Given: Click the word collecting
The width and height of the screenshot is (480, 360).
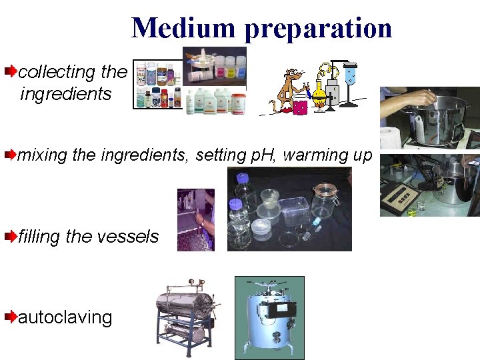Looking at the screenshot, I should (57, 71).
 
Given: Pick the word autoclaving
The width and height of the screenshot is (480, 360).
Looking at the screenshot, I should (65, 317).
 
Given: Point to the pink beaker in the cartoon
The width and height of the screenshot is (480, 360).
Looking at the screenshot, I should (299, 107).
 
